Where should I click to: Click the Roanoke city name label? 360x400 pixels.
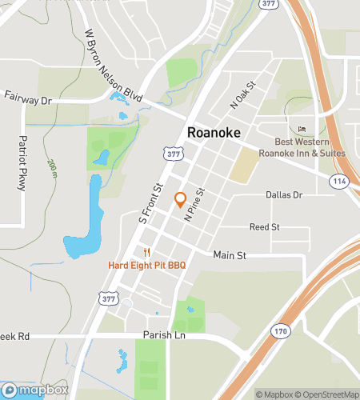[213, 132]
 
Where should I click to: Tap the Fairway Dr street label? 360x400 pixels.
[26, 101]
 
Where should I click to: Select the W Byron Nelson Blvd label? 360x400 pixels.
[114, 66]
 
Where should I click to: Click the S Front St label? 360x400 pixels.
[150, 202]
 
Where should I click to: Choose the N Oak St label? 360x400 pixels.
[242, 94]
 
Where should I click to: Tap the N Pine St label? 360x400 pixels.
[195, 204]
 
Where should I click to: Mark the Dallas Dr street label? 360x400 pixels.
[285, 194]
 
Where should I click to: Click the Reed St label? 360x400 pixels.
[264, 227]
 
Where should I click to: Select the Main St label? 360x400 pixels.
[229, 254]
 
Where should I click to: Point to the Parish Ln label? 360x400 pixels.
[164, 336]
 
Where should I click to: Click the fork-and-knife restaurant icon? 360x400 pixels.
[147, 250]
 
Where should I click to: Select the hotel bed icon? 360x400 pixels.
[302, 129]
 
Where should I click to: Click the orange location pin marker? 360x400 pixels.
[180, 200]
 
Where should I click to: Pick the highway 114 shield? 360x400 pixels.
[341, 182]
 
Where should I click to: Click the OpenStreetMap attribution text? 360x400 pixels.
[326, 394]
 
